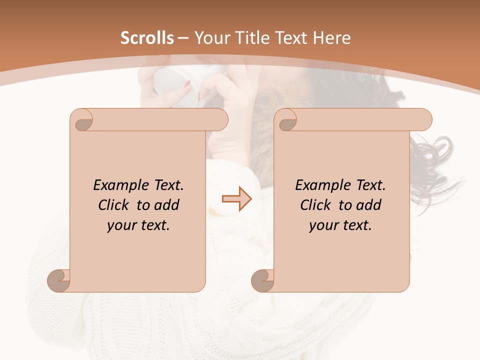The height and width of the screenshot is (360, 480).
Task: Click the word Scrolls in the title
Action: (147, 38)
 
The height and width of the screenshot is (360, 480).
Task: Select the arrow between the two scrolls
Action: (237, 199)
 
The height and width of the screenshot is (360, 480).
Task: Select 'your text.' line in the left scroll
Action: (138, 225)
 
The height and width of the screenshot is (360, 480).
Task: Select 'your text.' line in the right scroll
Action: (340, 225)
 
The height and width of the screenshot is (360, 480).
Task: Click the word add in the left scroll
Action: (167, 205)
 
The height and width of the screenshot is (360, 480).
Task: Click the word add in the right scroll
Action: (369, 205)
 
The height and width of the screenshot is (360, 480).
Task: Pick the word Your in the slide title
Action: (209, 38)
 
